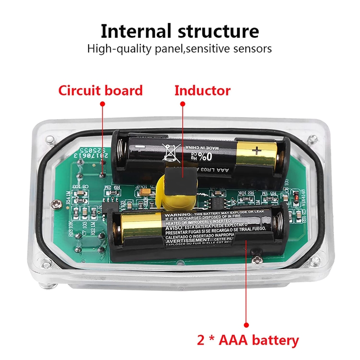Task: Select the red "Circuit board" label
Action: tap(100, 90)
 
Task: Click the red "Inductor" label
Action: tap(202, 90)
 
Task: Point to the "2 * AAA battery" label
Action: tap(248, 340)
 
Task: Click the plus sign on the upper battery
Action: tap(256, 151)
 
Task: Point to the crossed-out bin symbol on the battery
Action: tap(171, 152)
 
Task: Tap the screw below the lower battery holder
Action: tap(257, 260)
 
